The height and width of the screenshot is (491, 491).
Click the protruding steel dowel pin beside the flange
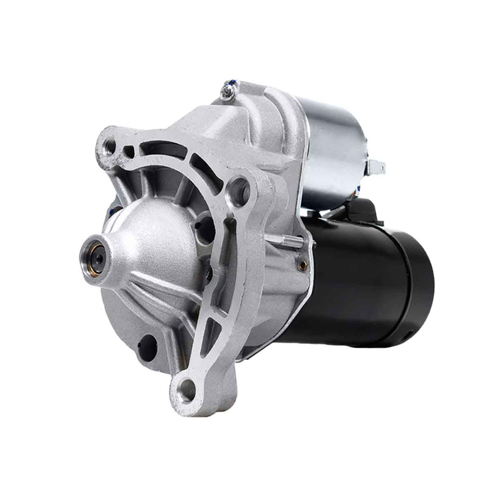289,241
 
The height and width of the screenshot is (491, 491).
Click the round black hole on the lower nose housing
149,342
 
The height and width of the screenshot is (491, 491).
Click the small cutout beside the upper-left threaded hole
130,150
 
